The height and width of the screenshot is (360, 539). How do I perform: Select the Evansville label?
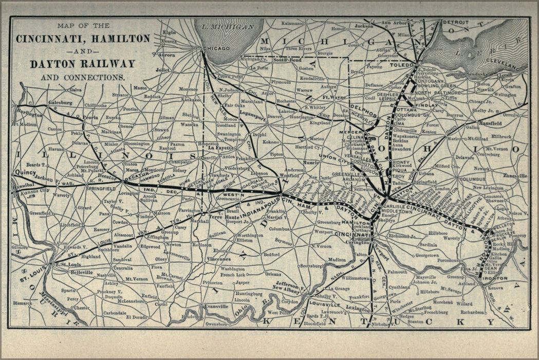coord(215,306)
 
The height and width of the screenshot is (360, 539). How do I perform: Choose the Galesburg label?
coord(61,103)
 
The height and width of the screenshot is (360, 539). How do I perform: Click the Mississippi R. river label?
coord(61,311)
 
